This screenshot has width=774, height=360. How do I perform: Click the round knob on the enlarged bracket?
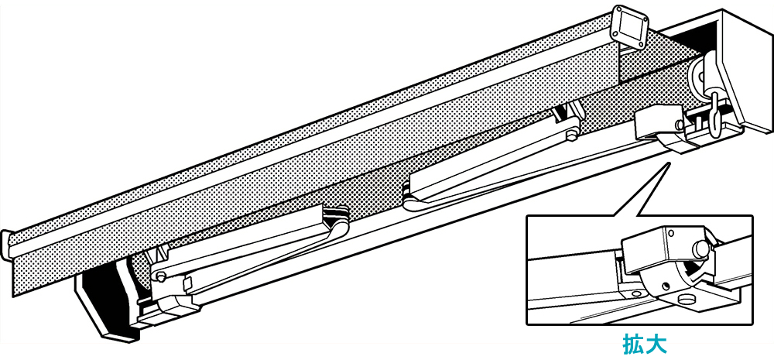pyautogui.click(x=701, y=249)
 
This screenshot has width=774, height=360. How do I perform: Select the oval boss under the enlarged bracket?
pyautogui.click(x=685, y=298)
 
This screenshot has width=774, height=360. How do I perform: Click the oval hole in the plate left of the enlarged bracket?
pyautogui.click(x=634, y=293)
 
